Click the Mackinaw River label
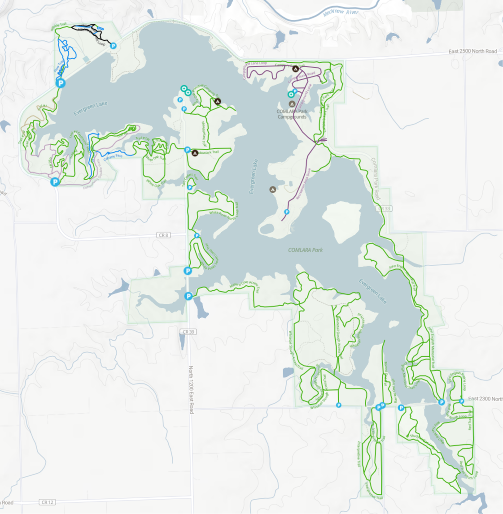tap(341, 12)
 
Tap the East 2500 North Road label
tap(472, 52)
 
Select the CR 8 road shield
tap(163, 235)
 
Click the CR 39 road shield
tap(188, 332)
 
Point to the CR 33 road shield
tap(385, 209)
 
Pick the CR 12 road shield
tap(48, 502)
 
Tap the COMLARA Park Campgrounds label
tap(292, 114)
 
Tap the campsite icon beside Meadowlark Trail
tap(195, 153)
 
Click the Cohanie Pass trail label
tap(113, 155)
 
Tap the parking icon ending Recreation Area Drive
tap(287, 212)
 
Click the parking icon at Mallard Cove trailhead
tap(188, 296)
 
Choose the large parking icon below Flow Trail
tap(60, 83)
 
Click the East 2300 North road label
tap(485, 399)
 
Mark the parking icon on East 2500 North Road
tap(113, 46)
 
